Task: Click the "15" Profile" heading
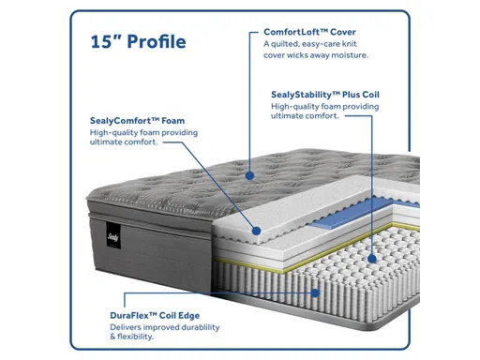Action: [138, 41]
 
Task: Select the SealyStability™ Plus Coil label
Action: [324, 95]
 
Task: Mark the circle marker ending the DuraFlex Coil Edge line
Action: [317, 292]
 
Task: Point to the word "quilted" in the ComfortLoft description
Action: [288, 44]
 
